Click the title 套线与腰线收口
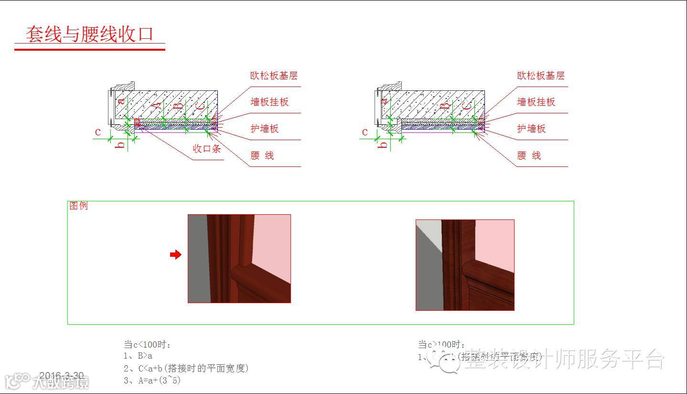click(90, 34)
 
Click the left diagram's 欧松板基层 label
click(274, 76)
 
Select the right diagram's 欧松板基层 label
click(540, 76)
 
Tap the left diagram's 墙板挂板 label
click(269, 102)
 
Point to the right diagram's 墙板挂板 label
click(536, 102)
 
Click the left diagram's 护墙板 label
click(265, 129)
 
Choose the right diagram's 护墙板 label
click(531, 129)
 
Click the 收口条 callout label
click(207, 149)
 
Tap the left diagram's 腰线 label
click(262, 155)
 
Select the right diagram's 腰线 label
click(529, 155)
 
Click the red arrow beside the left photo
click(176, 255)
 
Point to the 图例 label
click(79, 206)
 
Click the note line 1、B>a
click(138, 356)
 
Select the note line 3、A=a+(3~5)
click(152, 381)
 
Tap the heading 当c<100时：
click(147, 344)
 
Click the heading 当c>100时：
click(441, 344)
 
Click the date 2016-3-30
click(61, 376)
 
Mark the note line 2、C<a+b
click(186, 368)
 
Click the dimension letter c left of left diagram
click(98, 132)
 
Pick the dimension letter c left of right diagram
click(365, 132)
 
